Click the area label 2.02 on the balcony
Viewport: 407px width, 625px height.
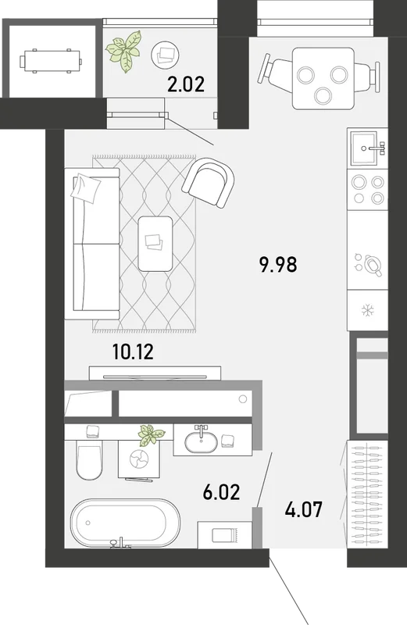186,84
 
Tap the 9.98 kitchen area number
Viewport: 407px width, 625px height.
278,265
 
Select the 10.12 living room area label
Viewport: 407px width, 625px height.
133,352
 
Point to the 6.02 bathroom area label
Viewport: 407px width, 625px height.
221,492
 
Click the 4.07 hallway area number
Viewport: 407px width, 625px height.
304,510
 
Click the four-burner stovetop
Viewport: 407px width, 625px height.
367,190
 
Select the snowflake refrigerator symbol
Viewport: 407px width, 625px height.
367,310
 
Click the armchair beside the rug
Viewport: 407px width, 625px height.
209,183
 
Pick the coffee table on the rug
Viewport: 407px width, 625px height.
155,244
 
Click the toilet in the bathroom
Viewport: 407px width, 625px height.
88,459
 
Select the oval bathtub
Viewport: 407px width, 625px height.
125,523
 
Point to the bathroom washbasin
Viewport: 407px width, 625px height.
202,441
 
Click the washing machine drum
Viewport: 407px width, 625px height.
139,459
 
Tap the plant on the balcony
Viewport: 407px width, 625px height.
124,51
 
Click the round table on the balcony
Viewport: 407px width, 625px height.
166,54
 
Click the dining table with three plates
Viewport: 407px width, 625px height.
323,78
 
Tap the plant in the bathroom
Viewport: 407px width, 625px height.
152,435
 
